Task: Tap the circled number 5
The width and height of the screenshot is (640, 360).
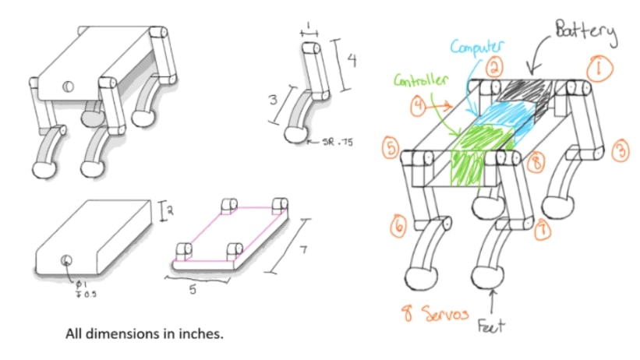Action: click(392, 148)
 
